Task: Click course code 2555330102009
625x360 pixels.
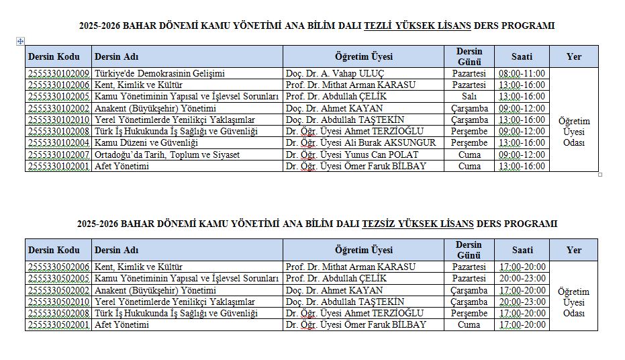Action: pyautogui.click(x=59, y=73)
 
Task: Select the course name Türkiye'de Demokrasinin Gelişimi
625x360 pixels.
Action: pyautogui.click(x=160, y=73)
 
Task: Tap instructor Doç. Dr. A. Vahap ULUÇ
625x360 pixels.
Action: pyautogui.click(x=335, y=73)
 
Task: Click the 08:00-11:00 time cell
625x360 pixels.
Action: pyautogui.click(x=522, y=73)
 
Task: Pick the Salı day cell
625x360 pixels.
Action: pyautogui.click(x=469, y=96)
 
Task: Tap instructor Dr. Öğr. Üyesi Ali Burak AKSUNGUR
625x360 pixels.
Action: pyautogui.click(x=360, y=142)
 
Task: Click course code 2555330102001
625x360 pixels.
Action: pyautogui.click(x=59, y=166)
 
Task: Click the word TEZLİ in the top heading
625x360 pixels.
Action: pyautogui.click(x=379, y=26)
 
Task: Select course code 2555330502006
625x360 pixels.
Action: pyautogui.click(x=59, y=267)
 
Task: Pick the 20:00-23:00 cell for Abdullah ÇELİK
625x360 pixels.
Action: pyautogui.click(x=522, y=278)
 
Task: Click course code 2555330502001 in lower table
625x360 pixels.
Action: pyautogui.click(x=59, y=324)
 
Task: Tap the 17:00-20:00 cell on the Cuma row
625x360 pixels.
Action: pyautogui.click(x=522, y=324)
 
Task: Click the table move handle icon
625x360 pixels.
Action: pyautogui.click(x=20, y=41)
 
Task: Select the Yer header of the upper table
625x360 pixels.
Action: pyautogui.click(x=573, y=56)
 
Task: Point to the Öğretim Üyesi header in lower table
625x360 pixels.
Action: pyautogui.click(x=363, y=250)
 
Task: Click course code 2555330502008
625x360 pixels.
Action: pyautogui.click(x=59, y=313)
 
